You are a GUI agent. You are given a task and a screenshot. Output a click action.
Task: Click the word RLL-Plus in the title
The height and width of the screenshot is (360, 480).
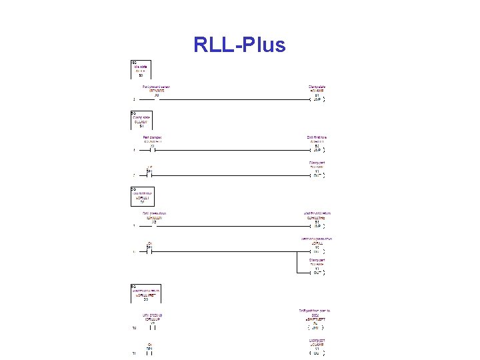click(x=239, y=45)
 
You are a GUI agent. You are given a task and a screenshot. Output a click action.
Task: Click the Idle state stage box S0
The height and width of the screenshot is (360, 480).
click(x=141, y=69)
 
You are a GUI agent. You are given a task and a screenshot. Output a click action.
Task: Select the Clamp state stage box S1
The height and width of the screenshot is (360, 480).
click(x=141, y=120)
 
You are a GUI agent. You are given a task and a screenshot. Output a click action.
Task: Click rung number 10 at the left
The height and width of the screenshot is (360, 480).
click(x=134, y=328)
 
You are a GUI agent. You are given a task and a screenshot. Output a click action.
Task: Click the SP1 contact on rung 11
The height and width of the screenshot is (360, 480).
click(x=151, y=352)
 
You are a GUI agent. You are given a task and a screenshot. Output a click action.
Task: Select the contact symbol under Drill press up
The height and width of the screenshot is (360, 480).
click(x=152, y=327)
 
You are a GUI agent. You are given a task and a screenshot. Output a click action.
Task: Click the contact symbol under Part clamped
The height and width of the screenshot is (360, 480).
click(x=152, y=151)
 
